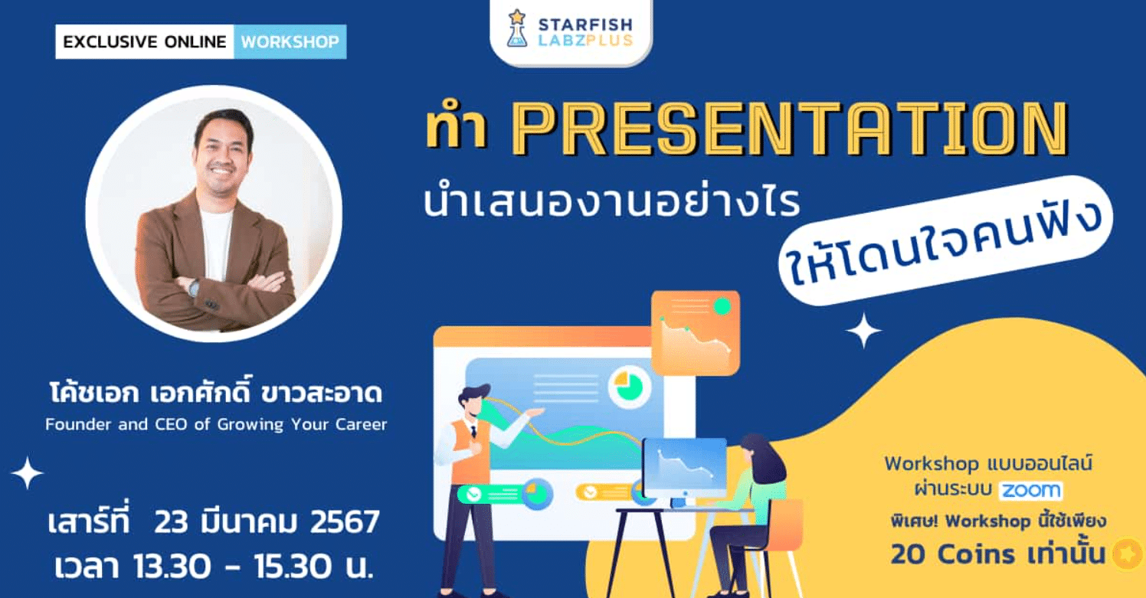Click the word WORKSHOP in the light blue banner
tap(290, 41)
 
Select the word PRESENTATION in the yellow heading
tap(790, 128)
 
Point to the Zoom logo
tap(1031, 490)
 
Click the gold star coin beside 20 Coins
tap(1128, 554)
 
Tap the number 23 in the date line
tap(171, 521)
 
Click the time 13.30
tap(172, 567)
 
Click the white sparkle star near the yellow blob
tap(864, 331)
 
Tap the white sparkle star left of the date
tap(27, 472)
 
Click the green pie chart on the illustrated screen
tap(629, 386)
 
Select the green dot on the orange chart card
tap(722, 306)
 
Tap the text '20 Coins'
tap(953, 554)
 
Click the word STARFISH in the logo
tap(585, 25)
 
